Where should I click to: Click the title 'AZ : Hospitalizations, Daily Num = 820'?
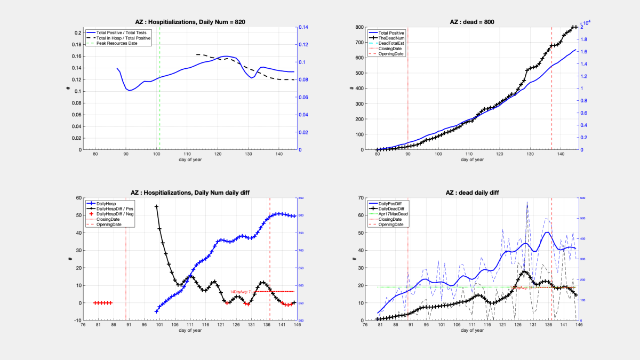[190, 22]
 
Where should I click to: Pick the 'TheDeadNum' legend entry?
[393, 38]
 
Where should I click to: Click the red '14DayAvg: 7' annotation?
[241, 292]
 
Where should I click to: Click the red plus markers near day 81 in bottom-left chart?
[102, 303]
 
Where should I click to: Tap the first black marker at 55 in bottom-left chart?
[156, 206]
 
